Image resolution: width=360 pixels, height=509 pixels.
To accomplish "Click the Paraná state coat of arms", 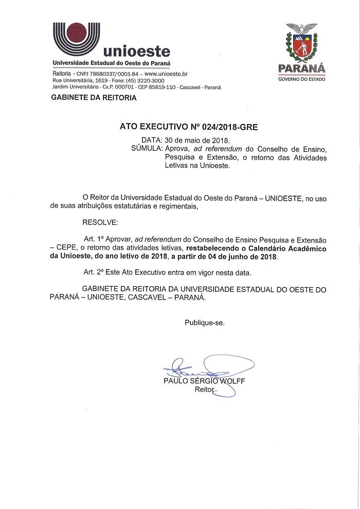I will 301,44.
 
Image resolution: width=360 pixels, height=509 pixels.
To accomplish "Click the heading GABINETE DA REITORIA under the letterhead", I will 94,98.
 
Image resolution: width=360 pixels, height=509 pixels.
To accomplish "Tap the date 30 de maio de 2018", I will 197,140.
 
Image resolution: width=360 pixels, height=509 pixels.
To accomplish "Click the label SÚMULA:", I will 147,148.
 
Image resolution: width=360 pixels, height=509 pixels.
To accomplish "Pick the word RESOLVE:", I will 100,222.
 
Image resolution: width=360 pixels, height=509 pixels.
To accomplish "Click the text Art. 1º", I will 94,239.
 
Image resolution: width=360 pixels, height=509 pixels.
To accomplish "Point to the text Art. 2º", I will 94,271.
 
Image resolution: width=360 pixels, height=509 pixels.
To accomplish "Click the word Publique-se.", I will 205,323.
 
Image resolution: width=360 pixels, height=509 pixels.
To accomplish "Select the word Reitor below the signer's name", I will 204,390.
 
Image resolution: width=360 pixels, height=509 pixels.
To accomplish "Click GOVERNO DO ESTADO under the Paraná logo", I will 301,79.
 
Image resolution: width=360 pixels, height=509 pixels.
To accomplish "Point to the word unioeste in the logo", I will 137,51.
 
